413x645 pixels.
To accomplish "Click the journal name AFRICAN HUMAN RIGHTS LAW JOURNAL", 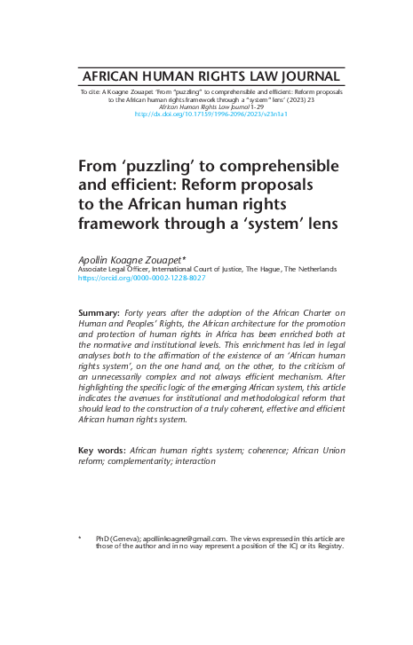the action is point(210,76).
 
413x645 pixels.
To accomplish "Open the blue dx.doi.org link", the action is point(210,114).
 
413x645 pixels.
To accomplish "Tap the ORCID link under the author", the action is point(142,278).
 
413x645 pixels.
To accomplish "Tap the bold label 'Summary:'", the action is point(99,314).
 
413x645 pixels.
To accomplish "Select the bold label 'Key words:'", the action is point(101,451).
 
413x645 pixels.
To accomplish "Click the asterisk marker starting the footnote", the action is point(81,538).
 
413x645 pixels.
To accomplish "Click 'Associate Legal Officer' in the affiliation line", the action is point(113,268).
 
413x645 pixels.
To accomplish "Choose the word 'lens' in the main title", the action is point(319,224).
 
